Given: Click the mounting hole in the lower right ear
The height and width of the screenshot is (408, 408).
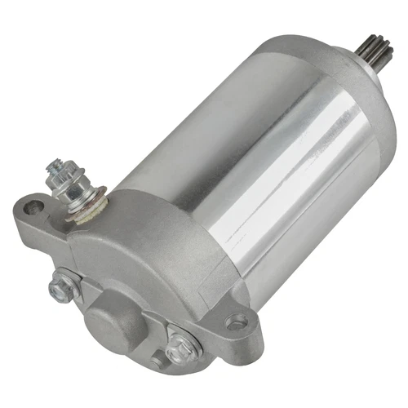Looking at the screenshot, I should coord(236,322).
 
